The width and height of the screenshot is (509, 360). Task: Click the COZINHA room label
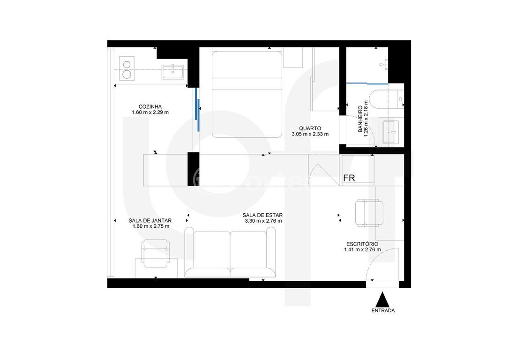[x=150, y=106]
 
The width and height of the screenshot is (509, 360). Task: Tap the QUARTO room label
[x=310, y=128]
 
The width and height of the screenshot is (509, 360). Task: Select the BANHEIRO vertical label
[x=360, y=119]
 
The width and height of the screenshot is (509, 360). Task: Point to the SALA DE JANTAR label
[x=150, y=220]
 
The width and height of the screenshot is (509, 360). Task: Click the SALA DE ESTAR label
[x=262, y=215]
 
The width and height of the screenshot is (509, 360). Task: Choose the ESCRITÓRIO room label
[x=362, y=244]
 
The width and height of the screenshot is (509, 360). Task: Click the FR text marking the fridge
[x=349, y=178]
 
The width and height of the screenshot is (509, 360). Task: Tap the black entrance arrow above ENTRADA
[x=383, y=299]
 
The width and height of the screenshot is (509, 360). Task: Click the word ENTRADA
[x=383, y=311]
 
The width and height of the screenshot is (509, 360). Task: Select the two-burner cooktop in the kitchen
[x=127, y=68]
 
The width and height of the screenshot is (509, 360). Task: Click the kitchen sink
[x=172, y=72]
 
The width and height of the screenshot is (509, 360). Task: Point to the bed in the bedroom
[x=247, y=95]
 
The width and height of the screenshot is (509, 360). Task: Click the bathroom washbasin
[x=390, y=132]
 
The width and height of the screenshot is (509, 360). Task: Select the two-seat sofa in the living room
[x=230, y=252]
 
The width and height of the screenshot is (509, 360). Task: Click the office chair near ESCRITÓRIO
[x=369, y=213]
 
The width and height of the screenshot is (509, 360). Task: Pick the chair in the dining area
[x=156, y=253]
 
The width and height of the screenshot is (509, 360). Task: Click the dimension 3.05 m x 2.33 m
[x=310, y=134]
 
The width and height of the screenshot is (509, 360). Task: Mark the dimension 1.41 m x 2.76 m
[x=362, y=250]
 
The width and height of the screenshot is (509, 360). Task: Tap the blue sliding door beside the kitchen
[x=197, y=109]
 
